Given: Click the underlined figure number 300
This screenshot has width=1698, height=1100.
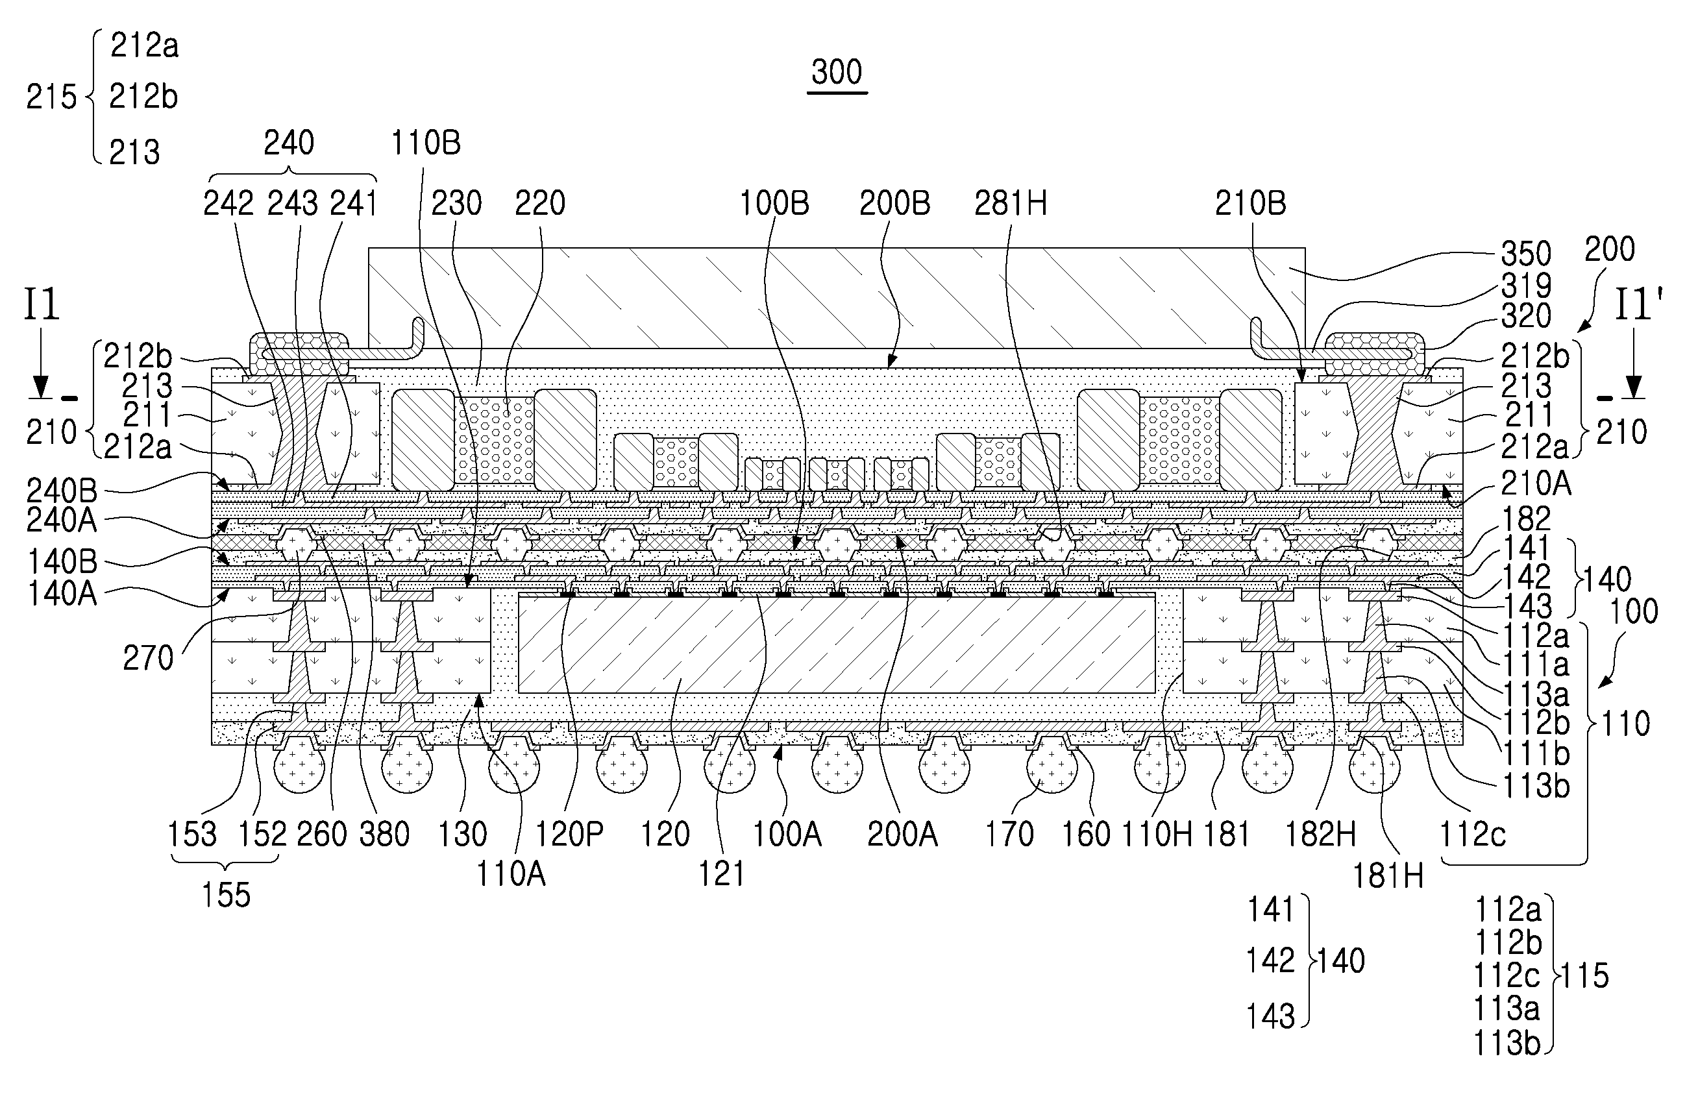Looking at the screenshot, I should click(837, 73).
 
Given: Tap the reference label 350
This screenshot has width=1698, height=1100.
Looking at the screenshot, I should click(1525, 254).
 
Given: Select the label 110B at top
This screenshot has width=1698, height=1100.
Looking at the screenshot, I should click(425, 143).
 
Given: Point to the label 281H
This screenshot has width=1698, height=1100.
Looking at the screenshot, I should click(1010, 204).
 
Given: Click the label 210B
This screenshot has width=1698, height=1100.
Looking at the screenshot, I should click(1250, 204).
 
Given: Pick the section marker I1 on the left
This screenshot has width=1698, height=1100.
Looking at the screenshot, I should click(42, 305).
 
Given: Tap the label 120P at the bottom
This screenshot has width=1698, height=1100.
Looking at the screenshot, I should click(569, 834).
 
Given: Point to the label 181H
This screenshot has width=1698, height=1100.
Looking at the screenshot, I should click(1388, 875).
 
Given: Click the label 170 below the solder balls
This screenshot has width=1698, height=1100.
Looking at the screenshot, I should click(1009, 834).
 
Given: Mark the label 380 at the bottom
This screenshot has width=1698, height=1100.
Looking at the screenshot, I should click(384, 834).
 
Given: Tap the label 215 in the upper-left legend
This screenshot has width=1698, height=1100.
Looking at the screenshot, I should click(51, 97).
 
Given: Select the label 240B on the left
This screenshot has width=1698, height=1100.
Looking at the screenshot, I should click(62, 491).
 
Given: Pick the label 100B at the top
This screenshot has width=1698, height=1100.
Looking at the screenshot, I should click(773, 204).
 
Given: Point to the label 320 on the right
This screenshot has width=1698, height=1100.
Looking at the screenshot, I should click(1525, 315).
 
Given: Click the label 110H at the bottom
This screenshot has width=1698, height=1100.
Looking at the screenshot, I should click(1157, 834).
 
